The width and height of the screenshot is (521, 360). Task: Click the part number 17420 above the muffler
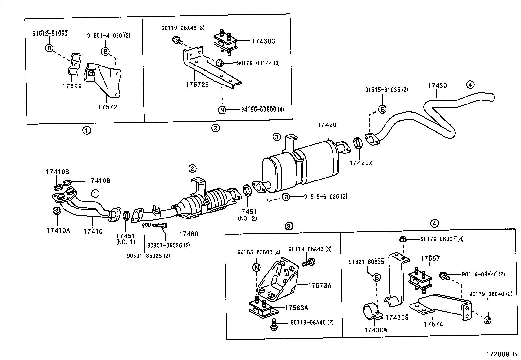click(x=327, y=125)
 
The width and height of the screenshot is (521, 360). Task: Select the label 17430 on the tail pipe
click(x=437, y=85)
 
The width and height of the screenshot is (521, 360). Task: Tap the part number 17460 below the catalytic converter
click(x=189, y=234)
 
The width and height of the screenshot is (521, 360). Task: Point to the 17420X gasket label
click(x=361, y=162)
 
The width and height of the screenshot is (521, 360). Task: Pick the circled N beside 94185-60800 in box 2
click(x=222, y=110)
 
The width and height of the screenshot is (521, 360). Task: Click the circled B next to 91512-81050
click(x=49, y=48)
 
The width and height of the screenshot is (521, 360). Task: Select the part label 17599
click(x=72, y=86)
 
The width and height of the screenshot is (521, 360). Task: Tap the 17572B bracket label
click(x=197, y=85)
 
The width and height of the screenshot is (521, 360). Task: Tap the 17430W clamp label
click(x=376, y=330)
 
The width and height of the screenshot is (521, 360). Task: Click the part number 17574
click(x=433, y=324)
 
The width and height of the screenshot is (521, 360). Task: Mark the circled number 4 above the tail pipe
click(x=470, y=85)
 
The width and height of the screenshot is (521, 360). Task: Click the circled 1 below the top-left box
click(x=86, y=130)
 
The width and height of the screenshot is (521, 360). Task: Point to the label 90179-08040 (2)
click(x=491, y=294)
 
